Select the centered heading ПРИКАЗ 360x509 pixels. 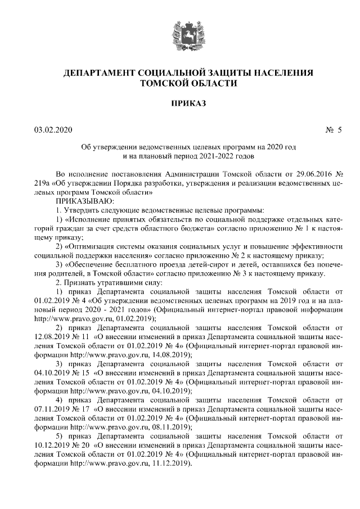179,103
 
